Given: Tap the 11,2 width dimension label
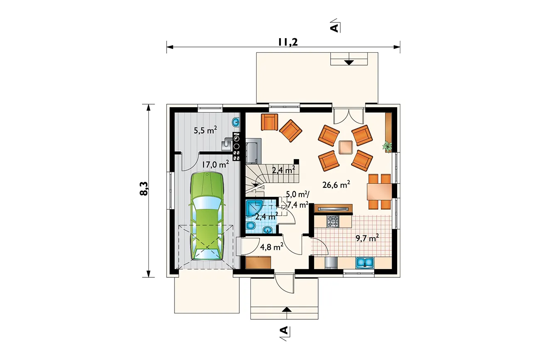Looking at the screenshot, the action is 288,42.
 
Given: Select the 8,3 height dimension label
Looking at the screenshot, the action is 144,189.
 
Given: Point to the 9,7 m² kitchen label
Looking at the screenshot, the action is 367,238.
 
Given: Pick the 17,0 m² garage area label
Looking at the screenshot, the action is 215,164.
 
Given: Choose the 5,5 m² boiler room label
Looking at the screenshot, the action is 205,130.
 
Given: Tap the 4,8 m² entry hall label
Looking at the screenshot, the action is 272,247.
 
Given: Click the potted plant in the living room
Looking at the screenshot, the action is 388,146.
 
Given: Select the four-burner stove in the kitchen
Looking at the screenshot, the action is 333,221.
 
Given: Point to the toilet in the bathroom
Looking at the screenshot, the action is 251,226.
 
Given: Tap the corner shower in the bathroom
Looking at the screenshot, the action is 254,208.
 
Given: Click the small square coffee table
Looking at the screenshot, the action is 346,147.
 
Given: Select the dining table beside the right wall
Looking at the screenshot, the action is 379,192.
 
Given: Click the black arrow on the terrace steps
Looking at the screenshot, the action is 349,62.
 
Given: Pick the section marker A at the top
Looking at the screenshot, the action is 335,26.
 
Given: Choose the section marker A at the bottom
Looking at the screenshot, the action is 285,333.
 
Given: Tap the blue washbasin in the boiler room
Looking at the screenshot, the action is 236,122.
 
